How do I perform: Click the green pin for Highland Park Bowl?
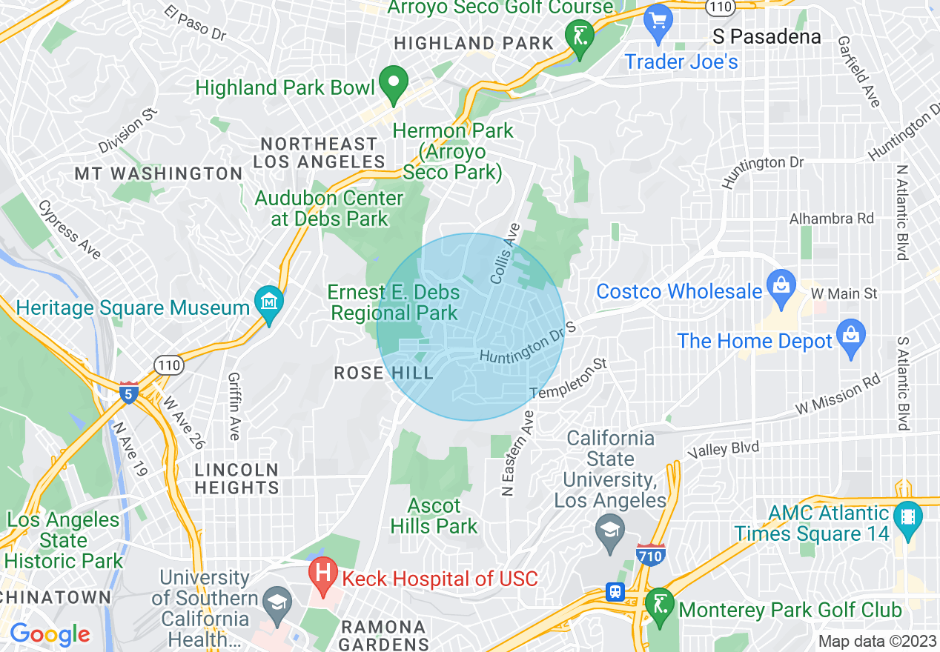(x=394, y=83)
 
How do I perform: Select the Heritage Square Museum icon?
(x=269, y=302)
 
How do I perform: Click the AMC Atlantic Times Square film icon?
(x=907, y=516)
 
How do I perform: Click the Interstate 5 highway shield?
(x=129, y=393)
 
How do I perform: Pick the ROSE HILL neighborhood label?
(x=383, y=372)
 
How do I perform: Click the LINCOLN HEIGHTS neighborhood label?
(x=236, y=479)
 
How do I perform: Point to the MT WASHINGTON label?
(x=159, y=174)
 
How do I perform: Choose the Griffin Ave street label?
(x=234, y=406)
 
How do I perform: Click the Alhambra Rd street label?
(x=831, y=219)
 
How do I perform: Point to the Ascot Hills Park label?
(x=434, y=516)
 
